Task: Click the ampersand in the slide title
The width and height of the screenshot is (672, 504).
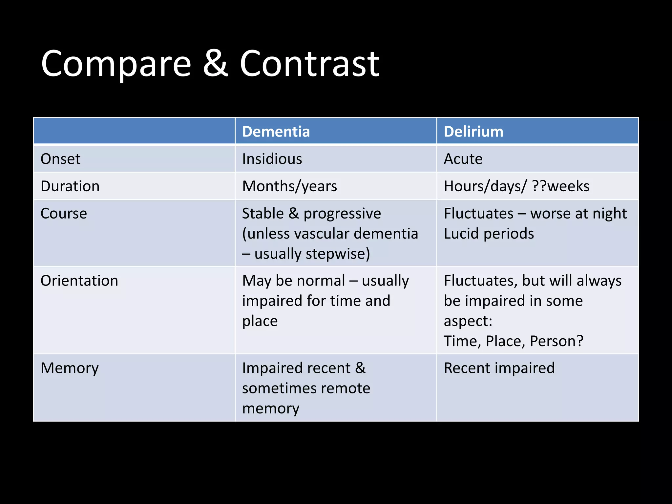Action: [215, 64]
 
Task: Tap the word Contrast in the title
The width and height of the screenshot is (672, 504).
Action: [309, 64]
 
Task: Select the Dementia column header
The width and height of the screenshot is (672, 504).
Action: [276, 132]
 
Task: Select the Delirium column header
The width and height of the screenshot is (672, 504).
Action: [473, 132]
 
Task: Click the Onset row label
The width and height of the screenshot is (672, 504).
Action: [60, 159]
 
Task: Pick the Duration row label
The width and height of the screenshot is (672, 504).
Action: [70, 186]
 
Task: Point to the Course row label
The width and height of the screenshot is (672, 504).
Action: [64, 214]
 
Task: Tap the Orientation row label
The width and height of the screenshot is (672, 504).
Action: [79, 281]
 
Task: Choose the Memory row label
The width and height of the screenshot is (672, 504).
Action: [70, 368]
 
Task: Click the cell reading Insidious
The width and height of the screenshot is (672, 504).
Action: [272, 159]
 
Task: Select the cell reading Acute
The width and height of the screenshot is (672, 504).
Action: [463, 159]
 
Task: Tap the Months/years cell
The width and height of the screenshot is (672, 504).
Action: [289, 186]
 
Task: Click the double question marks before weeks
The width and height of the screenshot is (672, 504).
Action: [539, 186]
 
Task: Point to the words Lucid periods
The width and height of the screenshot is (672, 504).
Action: [489, 234]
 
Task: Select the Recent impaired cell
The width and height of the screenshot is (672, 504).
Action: [499, 368]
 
